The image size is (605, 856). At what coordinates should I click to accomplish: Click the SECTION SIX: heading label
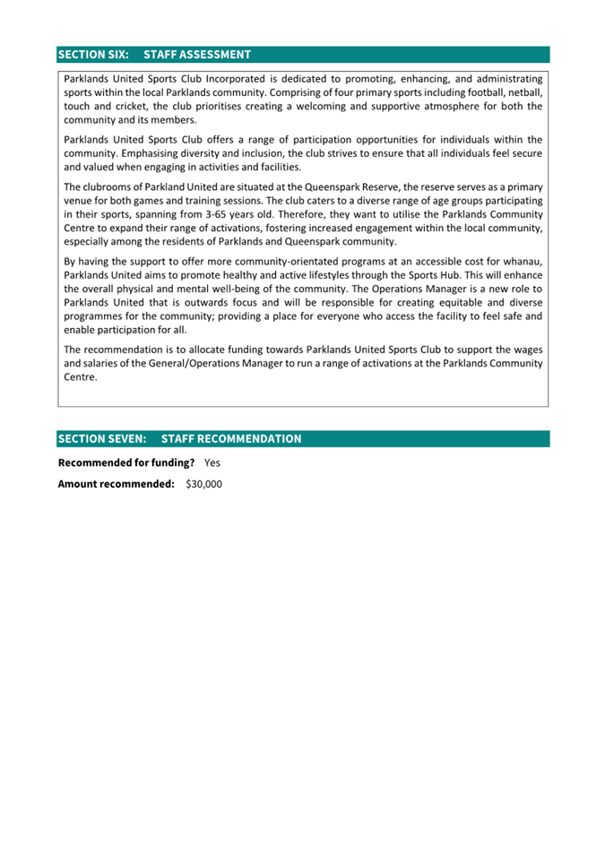coord(93,55)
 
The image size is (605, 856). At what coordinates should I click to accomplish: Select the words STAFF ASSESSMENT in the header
coord(196,55)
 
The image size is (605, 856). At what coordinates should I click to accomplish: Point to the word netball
coord(525,92)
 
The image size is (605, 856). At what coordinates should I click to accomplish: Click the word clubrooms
coord(108,187)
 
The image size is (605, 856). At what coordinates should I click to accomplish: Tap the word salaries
coord(104,363)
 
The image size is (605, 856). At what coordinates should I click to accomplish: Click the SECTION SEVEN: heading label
coord(102,438)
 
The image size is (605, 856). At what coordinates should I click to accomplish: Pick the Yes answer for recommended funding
coord(212,463)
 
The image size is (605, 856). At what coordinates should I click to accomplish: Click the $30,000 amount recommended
coord(203,484)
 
